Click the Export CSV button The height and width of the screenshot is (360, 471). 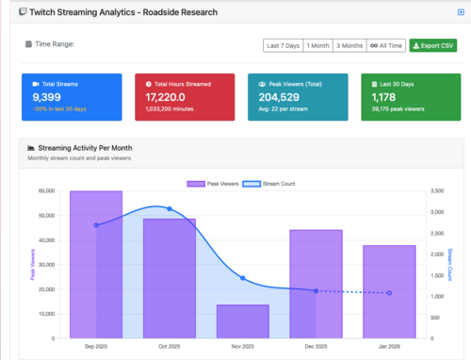tap(432, 45)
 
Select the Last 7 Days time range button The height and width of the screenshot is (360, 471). tap(283, 45)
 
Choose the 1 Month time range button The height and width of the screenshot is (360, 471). tap(317, 45)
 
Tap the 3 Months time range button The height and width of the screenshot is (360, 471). tap(350, 45)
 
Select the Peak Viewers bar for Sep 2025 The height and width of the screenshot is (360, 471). tap(95, 264)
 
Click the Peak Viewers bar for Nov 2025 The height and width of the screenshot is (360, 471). tap(242, 321)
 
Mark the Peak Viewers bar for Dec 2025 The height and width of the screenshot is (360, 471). tap(316, 284)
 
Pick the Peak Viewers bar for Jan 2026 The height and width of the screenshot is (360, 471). tap(389, 291)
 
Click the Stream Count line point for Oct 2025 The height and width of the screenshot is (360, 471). tap(170, 208)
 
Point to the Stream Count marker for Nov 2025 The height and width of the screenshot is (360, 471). tap(242, 278)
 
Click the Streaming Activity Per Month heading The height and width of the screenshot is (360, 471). tap(84, 149)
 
